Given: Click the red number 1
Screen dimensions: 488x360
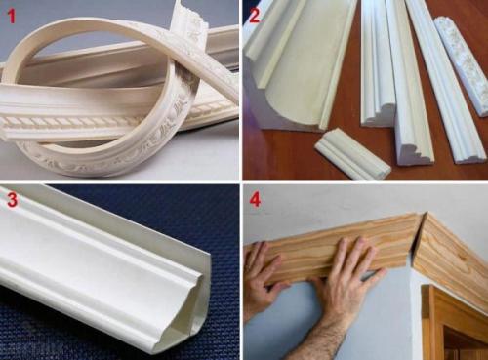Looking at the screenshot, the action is click(12, 17).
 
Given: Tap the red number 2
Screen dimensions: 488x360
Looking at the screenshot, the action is click(255, 16).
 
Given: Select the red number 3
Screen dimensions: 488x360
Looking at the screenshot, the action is click(12, 200).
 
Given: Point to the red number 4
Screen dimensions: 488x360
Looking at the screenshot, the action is click(255, 200).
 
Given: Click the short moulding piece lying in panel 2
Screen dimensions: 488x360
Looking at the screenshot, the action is click(352, 153).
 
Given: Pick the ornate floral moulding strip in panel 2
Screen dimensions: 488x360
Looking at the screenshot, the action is click(462, 66).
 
